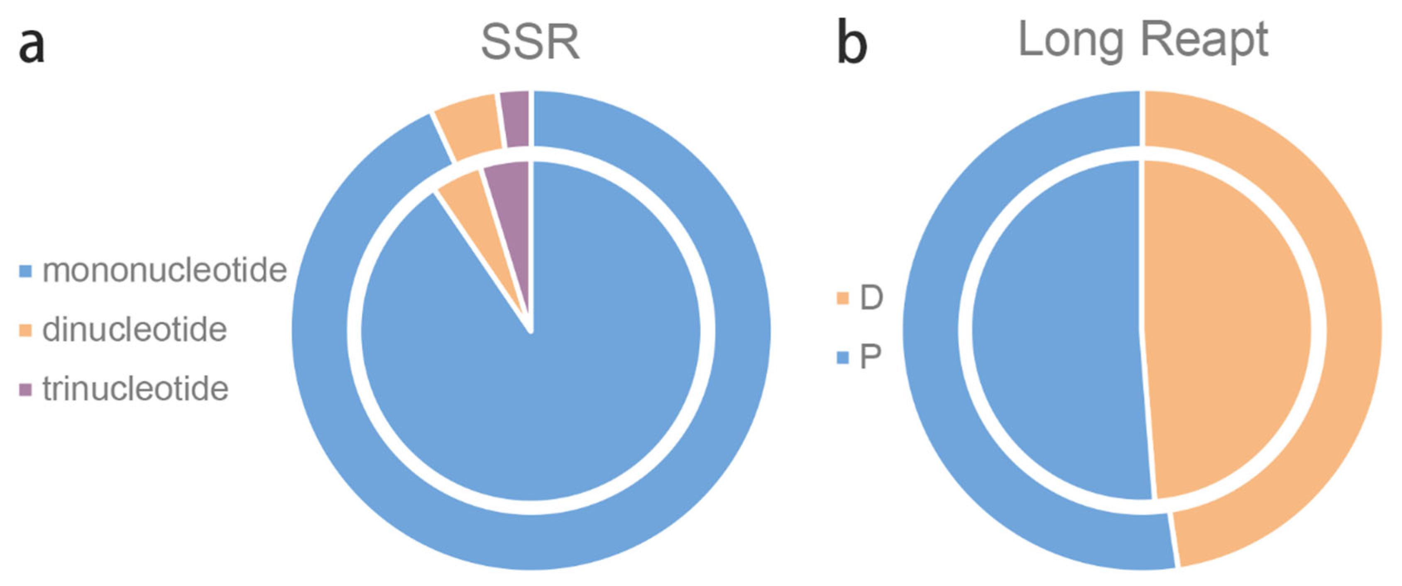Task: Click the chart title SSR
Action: (x=530, y=42)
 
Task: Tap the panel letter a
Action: (x=31, y=46)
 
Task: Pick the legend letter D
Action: (x=871, y=298)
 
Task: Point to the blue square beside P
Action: (x=842, y=358)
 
